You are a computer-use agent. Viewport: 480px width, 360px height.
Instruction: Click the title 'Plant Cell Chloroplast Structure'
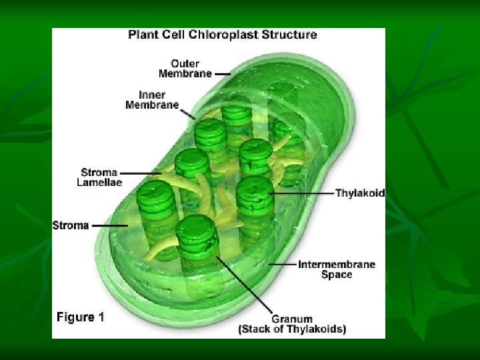click(222, 35)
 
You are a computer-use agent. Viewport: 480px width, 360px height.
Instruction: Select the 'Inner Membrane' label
click(152, 99)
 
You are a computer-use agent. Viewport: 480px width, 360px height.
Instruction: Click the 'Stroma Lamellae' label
click(100, 177)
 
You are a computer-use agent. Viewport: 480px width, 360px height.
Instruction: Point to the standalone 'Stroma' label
click(71, 225)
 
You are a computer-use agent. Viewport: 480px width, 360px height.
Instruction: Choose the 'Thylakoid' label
click(359, 193)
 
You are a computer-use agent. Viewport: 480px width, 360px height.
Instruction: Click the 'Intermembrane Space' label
click(336, 269)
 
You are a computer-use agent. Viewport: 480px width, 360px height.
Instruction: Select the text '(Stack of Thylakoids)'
click(292, 329)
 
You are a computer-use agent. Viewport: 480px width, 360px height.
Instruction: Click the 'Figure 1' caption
click(80, 317)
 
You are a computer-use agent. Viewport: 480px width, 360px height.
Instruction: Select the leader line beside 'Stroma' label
click(110, 225)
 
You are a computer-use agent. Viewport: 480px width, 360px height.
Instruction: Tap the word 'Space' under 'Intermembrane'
click(336, 275)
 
